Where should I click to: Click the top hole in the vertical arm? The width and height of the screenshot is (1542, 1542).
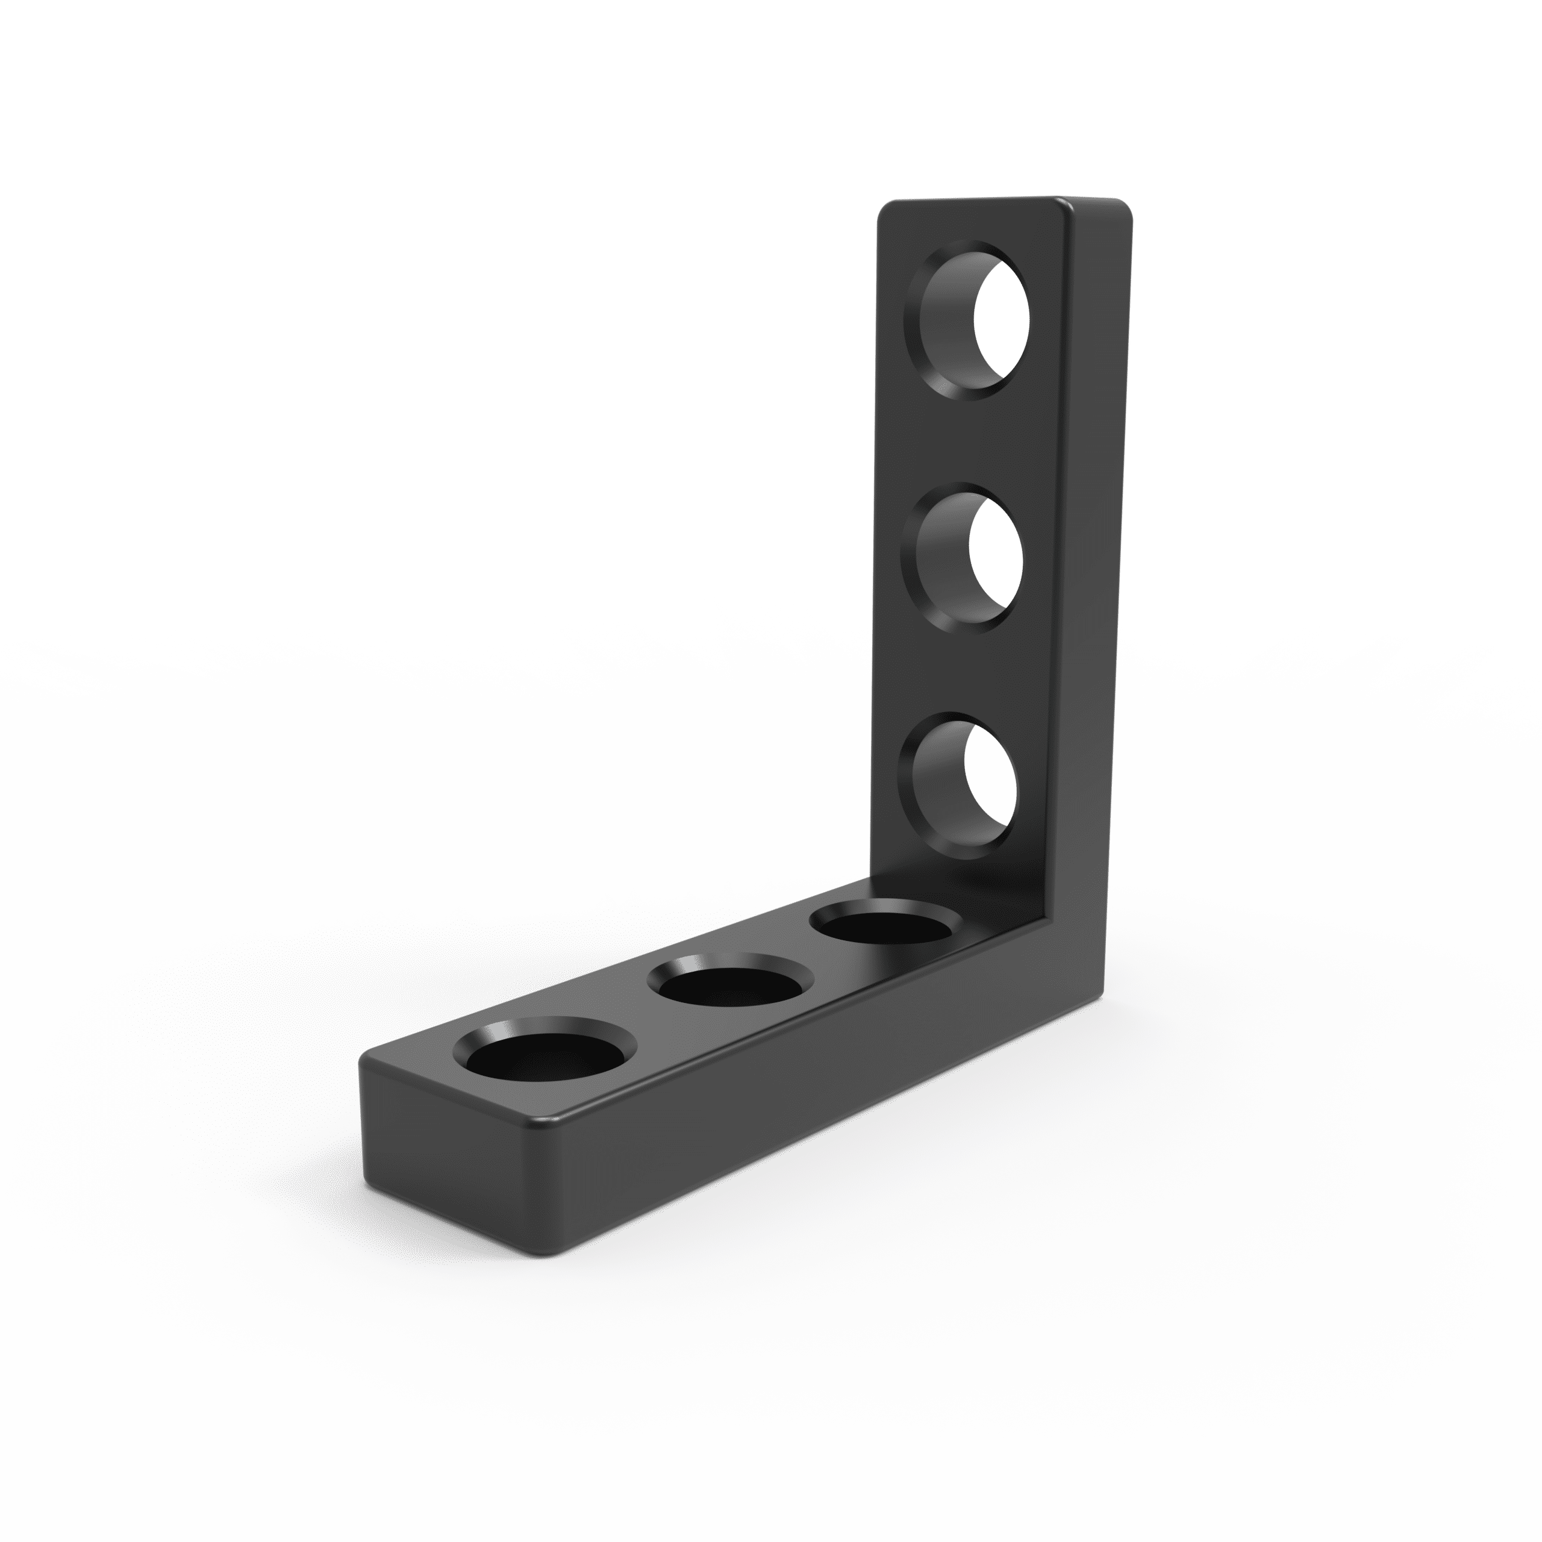coord(967,319)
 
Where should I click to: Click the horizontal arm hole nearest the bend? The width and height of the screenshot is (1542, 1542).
coord(886,928)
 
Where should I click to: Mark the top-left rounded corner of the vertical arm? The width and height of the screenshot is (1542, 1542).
coord(884,209)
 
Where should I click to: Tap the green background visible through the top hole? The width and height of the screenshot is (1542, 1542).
coord(1002,319)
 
